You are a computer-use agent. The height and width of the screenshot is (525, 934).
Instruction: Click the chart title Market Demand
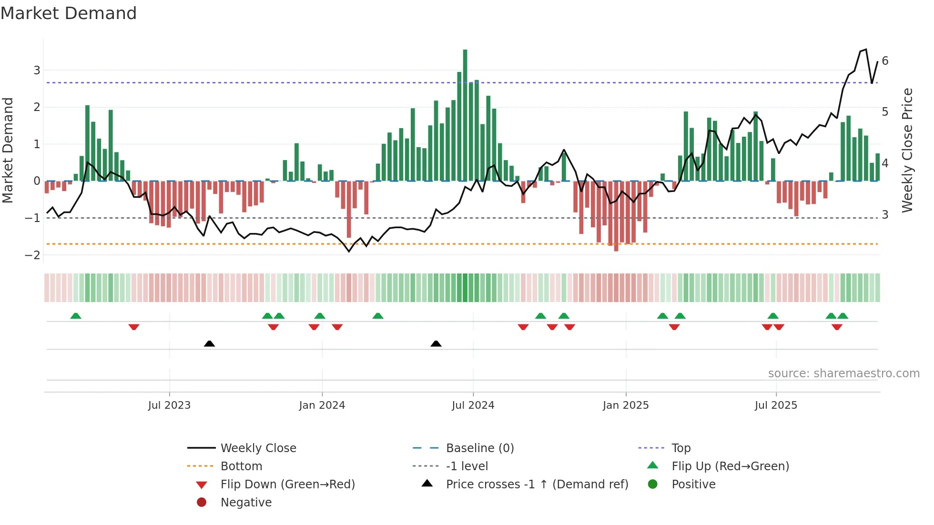coord(69,13)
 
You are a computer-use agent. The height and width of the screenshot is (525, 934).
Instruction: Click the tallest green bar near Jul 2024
coord(465,114)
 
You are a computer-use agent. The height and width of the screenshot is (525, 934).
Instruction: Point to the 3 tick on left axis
coord(37,71)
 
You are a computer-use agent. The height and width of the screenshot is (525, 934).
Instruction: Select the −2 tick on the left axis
coord(32,255)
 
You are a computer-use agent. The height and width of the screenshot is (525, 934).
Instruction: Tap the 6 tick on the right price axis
coord(885,61)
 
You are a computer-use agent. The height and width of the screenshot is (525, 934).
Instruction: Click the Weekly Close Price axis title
coord(907,150)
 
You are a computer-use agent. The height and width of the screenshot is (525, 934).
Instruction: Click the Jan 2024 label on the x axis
coord(322,405)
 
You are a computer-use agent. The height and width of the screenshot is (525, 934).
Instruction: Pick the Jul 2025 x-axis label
coord(776,405)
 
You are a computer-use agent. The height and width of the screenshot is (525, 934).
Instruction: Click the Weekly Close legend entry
coord(258,448)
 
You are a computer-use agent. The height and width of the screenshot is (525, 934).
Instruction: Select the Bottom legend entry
coord(241,466)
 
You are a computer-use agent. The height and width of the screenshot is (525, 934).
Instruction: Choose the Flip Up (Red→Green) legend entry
coord(730,466)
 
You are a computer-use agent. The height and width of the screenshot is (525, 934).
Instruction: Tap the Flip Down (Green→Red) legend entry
coord(287,485)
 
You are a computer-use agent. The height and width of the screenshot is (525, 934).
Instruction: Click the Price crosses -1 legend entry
coord(537,485)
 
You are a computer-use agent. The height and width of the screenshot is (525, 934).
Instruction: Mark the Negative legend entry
coord(246,503)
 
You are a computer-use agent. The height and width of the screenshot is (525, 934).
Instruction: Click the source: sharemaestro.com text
coord(843,374)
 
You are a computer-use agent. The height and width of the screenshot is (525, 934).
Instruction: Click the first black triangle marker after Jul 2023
coord(209,343)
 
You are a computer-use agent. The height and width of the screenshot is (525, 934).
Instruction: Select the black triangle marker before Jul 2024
coord(436,343)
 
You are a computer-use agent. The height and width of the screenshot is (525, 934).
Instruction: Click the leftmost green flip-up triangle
coord(76,316)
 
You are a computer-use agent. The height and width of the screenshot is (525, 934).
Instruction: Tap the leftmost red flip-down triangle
coord(134,327)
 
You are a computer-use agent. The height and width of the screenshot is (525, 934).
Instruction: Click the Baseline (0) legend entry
coord(479,448)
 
